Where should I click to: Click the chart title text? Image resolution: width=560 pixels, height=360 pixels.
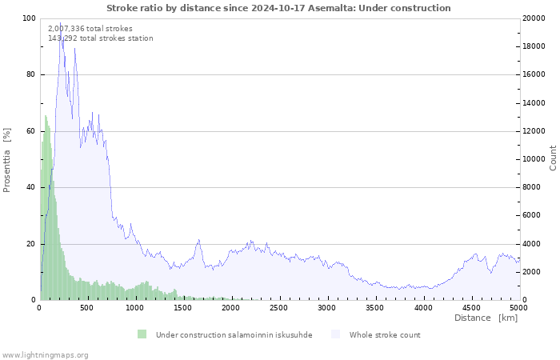coord(278,8)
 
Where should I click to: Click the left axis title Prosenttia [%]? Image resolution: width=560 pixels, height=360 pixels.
coord(7,159)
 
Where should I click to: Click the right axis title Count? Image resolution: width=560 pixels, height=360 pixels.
coord(552,158)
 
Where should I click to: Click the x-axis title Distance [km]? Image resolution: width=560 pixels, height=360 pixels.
coord(486,318)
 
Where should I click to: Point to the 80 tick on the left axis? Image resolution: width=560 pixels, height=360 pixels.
coord(30,74)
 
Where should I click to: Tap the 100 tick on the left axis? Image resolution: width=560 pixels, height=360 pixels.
coord(29,18)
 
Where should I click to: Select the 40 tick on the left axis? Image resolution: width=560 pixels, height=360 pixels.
coord(30,187)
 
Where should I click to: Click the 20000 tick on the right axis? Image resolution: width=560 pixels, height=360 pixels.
coord(534,18)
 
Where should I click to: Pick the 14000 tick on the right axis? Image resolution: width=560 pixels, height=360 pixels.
coord(534,103)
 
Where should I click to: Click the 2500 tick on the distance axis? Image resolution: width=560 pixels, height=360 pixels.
coord(279,307)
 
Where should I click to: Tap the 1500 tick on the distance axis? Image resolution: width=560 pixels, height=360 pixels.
coord(183,307)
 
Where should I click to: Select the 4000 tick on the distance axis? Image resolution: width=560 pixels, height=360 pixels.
coord(422,307)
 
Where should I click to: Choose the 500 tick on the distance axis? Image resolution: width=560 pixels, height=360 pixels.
coord(87,307)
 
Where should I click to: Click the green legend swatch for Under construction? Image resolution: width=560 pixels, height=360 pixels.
coord(142,334)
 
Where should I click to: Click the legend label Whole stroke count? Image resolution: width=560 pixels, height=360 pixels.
coord(384,334)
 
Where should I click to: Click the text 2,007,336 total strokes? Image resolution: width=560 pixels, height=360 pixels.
coord(90,28)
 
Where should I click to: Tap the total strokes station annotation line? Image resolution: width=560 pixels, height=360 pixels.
coord(100,38)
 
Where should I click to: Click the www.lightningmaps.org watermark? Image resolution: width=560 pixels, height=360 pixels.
coord(45,354)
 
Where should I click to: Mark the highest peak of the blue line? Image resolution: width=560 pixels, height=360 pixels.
coord(60,22)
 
